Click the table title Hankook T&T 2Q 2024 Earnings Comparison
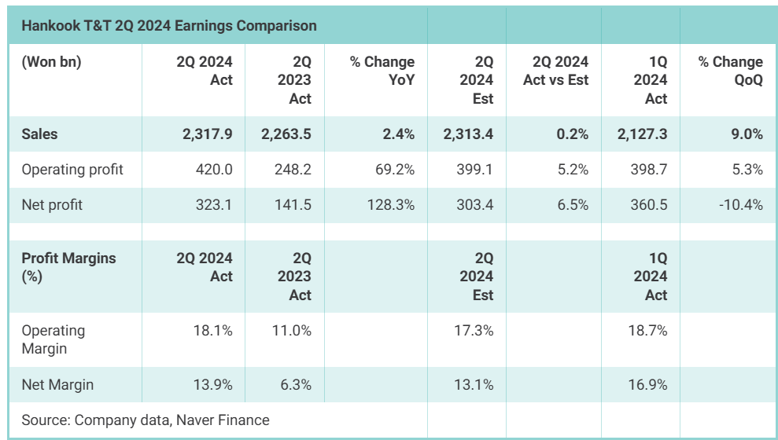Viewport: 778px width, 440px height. [169, 26]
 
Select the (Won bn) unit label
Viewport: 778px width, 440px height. [51, 62]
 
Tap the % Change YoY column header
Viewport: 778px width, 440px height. [382, 71]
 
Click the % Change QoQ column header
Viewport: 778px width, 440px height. [730, 71]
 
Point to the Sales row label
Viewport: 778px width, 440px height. [40, 134]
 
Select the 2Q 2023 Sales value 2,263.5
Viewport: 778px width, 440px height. [286, 134]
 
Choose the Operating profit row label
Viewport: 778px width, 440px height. [72, 170]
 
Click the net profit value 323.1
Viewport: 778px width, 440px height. [213, 205]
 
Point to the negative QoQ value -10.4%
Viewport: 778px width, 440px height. [740, 205]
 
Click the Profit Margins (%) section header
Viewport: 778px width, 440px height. [68, 267]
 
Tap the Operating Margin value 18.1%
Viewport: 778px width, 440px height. [213, 331]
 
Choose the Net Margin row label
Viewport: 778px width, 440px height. [57, 384]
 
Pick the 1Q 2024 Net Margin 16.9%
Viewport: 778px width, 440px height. [648, 384]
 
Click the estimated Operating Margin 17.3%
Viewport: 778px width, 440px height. [474, 331]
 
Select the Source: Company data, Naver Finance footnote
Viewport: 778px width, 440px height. [146, 420]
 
